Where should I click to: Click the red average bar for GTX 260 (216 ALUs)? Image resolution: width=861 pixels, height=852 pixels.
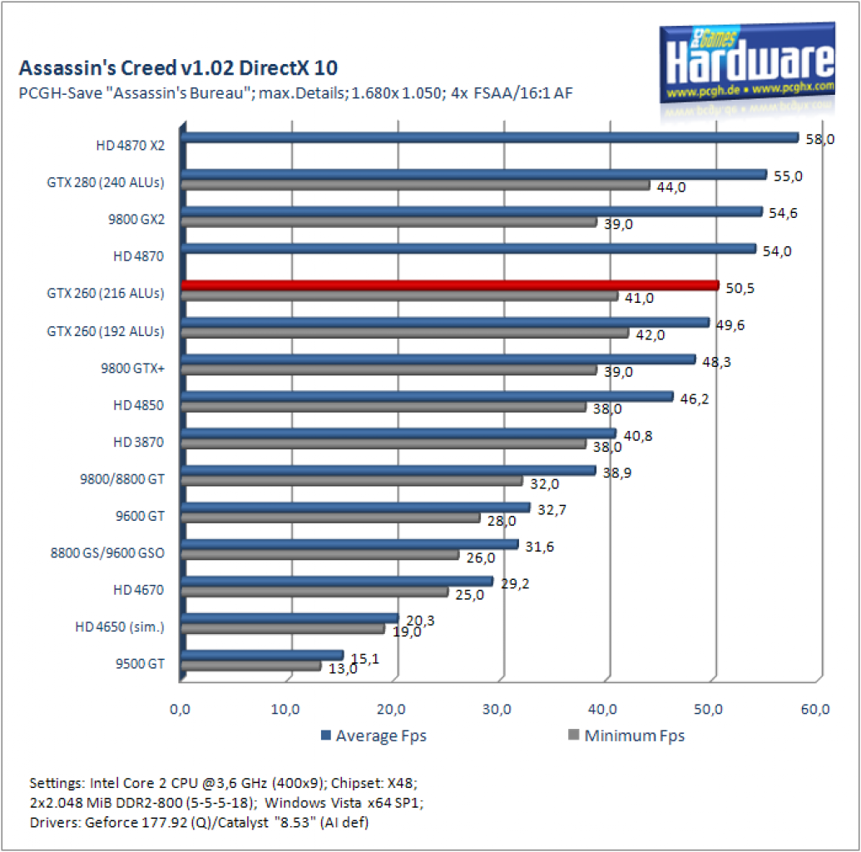[x=450, y=285]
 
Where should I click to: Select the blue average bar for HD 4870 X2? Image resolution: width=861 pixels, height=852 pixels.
[x=490, y=137]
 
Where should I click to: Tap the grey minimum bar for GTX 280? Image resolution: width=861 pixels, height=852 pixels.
[x=416, y=185]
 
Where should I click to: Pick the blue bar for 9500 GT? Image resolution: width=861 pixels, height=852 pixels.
[x=263, y=655]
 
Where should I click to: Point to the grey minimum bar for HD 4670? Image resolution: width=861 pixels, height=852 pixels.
[x=314, y=592]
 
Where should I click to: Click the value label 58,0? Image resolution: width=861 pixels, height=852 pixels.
[x=819, y=140]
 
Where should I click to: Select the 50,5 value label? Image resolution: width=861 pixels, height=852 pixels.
[x=740, y=288]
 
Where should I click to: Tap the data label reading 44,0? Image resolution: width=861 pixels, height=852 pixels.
[x=671, y=187]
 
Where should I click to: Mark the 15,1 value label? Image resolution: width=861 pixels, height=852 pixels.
[x=365, y=658]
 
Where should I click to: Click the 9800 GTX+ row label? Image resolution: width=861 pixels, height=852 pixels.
[x=132, y=368]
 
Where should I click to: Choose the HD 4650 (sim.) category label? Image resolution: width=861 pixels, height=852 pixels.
[x=120, y=627]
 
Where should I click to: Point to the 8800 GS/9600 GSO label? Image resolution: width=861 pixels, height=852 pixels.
[x=107, y=552]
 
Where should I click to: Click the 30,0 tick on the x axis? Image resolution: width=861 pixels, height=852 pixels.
[x=497, y=710]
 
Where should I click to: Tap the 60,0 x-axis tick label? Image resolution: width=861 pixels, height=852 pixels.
[x=815, y=710]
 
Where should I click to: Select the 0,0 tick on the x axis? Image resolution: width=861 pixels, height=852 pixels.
[x=180, y=710]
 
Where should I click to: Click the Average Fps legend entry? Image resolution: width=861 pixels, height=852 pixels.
[x=374, y=736]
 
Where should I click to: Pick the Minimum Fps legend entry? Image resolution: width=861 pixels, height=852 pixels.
[x=626, y=736]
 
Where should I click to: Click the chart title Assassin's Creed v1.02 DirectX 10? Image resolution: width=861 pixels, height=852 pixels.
[x=178, y=67]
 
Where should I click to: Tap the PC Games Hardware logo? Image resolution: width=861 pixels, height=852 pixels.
[x=747, y=63]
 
